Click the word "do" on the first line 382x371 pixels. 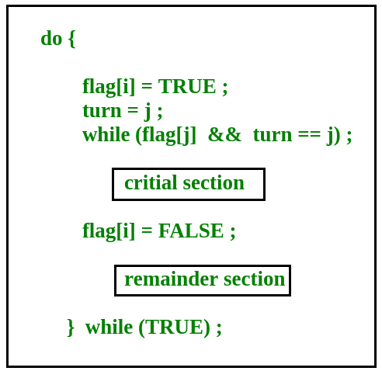(x=51, y=38)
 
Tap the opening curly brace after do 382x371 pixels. (x=72, y=40)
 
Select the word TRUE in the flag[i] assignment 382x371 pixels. (x=187, y=86)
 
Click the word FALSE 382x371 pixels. (x=191, y=231)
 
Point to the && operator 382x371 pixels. (x=224, y=134)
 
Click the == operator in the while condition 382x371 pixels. (x=309, y=135)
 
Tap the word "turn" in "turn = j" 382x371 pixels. (x=102, y=111)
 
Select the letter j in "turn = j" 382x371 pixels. (x=147, y=112)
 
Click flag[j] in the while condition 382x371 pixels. (x=168, y=136)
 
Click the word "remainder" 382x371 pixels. (x=171, y=279)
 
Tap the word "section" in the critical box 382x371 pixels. (x=214, y=183)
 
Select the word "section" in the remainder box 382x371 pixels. (x=254, y=279)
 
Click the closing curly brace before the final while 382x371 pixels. (x=71, y=328)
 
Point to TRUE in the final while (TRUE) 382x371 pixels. (x=174, y=327)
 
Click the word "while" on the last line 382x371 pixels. (x=109, y=327)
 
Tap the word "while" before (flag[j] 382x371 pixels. (x=106, y=134)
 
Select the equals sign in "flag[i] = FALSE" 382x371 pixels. (x=147, y=231)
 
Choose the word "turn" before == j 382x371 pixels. (x=273, y=135)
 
